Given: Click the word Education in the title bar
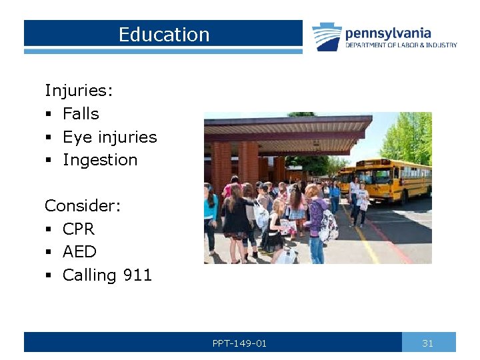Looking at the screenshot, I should [163, 35].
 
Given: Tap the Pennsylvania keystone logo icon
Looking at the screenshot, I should [327, 37].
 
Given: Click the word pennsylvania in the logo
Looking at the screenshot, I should [388, 33].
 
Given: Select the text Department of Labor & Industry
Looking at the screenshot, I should [401, 45].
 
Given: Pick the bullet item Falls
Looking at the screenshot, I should [81, 114].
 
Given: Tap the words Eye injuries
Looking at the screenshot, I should [109, 137].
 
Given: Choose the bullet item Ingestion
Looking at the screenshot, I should [100, 160].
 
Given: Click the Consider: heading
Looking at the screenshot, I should [83, 205].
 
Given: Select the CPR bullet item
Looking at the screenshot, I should [79, 229].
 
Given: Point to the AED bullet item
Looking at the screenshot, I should [79, 252].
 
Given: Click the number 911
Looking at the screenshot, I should [137, 275].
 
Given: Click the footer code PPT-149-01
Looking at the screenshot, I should [239, 343].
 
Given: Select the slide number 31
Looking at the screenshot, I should [428, 343].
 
